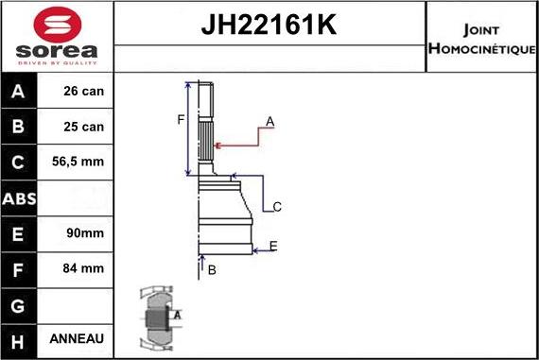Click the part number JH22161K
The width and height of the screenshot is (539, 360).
tap(269, 26)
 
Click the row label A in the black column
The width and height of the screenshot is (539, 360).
tap(19, 92)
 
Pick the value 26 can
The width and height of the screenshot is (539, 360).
tap(84, 92)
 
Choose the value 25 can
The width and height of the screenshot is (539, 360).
tap(84, 127)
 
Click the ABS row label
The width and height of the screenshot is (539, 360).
tap(19, 198)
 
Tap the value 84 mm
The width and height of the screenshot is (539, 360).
tap(84, 268)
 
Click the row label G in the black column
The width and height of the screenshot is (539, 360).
tap(19, 304)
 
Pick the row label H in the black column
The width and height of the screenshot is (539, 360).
tap(19, 339)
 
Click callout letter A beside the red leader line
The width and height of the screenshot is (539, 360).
tap(269, 121)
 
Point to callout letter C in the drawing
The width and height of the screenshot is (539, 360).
tap(277, 207)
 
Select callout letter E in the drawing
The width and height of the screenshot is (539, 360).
tap(272, 247)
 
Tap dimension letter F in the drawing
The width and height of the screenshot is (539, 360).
tap(181, 118)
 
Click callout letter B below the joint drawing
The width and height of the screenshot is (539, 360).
tap(212, 270)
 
